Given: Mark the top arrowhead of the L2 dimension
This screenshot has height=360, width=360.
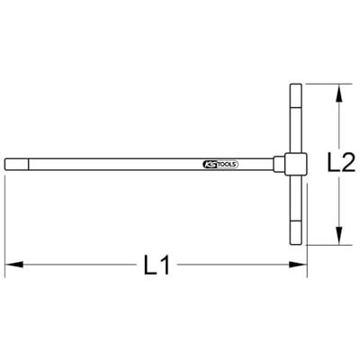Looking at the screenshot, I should tap(339, 90).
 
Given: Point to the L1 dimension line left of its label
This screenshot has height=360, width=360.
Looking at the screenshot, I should tap(81, 265).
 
